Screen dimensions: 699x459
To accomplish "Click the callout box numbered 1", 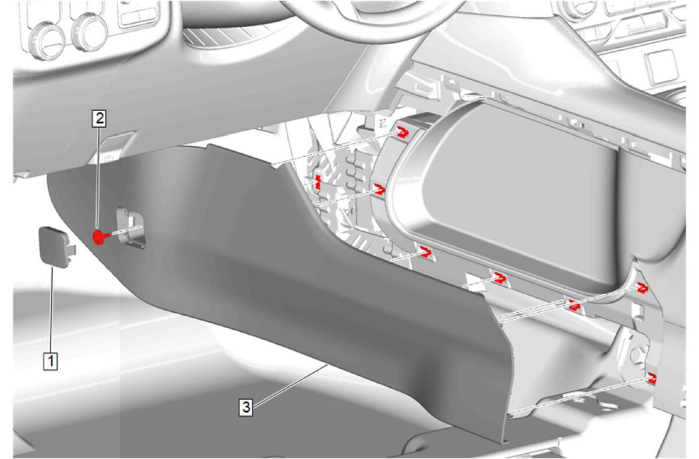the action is click(51, 361).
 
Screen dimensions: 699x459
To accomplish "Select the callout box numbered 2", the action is click(99, 118).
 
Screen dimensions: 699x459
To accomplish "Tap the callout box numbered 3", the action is click(246, 407).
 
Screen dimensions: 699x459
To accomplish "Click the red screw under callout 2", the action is click(100, 238).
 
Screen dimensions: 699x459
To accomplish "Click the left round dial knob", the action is click(46, 41).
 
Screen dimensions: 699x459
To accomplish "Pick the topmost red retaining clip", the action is click(403, 132).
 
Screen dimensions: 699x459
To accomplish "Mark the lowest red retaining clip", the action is click(652, 379).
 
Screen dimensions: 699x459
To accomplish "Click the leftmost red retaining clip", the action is click(317, 182).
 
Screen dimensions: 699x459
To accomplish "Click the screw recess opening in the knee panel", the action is click(130, 228).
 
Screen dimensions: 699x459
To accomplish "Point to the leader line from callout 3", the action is click(291, 386).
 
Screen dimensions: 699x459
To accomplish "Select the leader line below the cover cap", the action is click(51, 310).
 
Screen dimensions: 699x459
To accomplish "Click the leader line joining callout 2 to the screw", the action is click(98, 178).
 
